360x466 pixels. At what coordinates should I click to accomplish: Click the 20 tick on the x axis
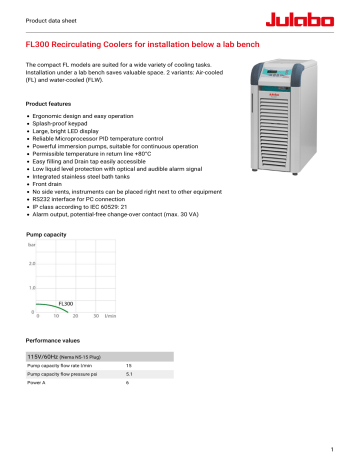(x=76, y=315)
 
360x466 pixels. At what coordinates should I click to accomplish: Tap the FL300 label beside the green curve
(x=67, y=302)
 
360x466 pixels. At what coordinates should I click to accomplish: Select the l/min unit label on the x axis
(x=111, y=315)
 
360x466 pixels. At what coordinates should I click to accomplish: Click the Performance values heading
(x=53, y=341)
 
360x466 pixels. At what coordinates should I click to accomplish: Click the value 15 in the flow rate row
(x=129, y=366)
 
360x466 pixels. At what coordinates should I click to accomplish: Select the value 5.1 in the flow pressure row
(x=129, y=374)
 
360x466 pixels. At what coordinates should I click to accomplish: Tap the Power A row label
(x=37, y=383)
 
